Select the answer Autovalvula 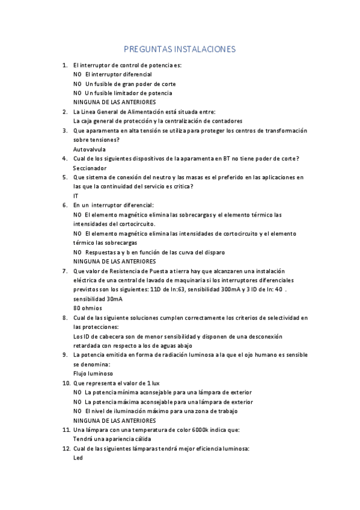tap(89, 149)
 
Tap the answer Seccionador tap(90, 168)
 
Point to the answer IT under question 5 tap(76, 196)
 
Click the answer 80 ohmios tap(87, 308)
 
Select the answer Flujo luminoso tap(93, 373)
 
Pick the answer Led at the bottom tap(78, 457)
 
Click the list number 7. tap(65, 271)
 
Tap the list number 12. tap(66, 448)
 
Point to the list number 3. tap(65, 130)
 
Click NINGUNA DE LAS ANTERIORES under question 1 tap(114, 102)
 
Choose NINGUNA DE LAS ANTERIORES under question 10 tap(114, 420)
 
